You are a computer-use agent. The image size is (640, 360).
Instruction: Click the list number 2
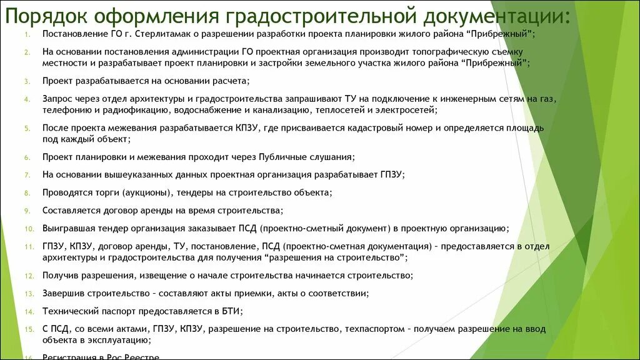(27, 51)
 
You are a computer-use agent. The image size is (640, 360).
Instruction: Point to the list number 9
(27, 211)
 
